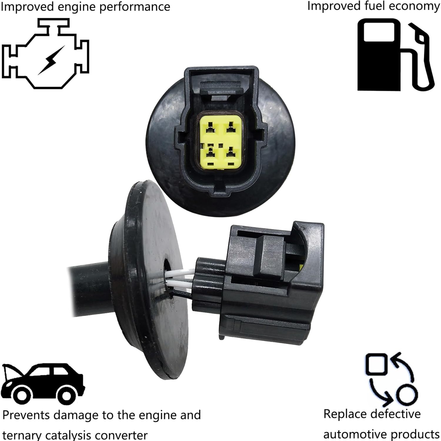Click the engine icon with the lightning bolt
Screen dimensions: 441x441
pyautogui.click(x=46, y=53)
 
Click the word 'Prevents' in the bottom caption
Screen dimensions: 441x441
pyautogui.click(x=26, y=415)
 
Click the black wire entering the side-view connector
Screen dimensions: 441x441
pyautogui.click(x=182, y=295)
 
